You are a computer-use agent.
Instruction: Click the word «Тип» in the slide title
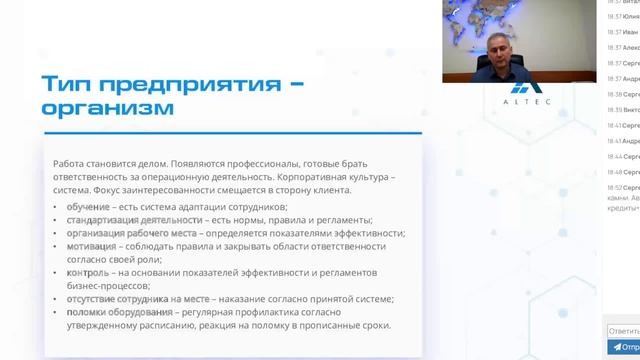pyautogui.click(x=67, y=83)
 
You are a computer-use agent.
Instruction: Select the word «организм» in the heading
pyautogui.click(x=107, y=107)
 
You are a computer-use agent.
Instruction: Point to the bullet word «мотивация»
pyautogui.click(x=90, y=246)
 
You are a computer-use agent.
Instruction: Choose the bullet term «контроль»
pyautogui.click(x=88, y=272)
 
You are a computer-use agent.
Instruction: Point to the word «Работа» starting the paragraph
pyautogui.click(x=71, y=163)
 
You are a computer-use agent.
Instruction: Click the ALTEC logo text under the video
pyautogui.click(x=522, y=101)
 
